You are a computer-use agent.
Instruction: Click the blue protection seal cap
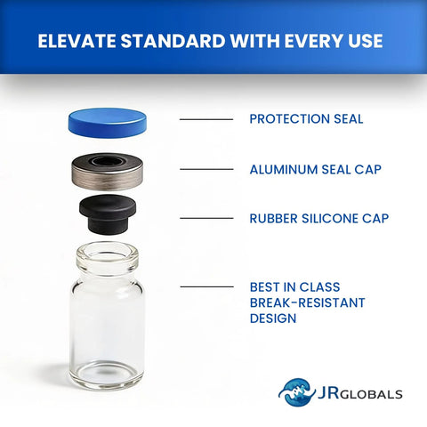coord(108,122)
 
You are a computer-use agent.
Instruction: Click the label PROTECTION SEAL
coord(306,119)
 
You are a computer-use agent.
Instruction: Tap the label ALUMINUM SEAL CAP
coord(319,168)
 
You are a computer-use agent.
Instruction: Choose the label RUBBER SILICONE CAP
coord(318,218)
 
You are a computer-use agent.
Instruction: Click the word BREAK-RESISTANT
coord(307,302)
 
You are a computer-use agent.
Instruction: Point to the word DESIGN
coord(273,318)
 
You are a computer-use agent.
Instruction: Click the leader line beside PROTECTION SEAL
coord(206,119)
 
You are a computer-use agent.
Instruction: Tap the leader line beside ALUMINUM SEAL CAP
coord(206,168)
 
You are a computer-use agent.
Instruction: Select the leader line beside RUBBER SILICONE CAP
coord(206,218)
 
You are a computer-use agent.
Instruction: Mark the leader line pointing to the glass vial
coord(206,287)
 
